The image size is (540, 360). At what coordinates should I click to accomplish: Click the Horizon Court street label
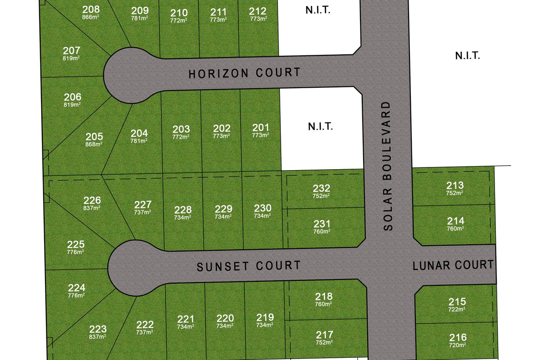point(244,72)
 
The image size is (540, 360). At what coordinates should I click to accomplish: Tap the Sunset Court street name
point(248,265)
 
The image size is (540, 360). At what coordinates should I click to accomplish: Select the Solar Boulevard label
point(388,166)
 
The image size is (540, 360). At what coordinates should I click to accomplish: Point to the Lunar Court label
point(453,265)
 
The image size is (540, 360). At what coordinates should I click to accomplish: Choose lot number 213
point(455,185)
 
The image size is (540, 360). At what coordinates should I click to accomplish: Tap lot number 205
point(94,136)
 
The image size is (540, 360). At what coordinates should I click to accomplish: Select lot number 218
point(324,296)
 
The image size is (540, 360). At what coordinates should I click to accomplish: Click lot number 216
point(457,337)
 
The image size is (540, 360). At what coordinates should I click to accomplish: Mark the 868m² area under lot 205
point(94,144)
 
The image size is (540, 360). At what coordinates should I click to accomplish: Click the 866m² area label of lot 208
point(91,17)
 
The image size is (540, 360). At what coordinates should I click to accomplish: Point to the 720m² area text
point(457,345)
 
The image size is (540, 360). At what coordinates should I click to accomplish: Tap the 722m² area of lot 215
point(457,310)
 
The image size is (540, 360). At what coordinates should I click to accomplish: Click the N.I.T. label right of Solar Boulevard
point(468,56)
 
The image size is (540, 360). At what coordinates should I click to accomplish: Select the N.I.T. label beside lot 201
point(320,126)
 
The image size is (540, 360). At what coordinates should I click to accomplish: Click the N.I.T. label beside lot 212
point(318,10)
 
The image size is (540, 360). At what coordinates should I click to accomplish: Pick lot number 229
point(224,209)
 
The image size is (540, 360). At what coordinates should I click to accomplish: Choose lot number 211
point(218,12)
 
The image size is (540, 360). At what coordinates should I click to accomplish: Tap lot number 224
point(76,288)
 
